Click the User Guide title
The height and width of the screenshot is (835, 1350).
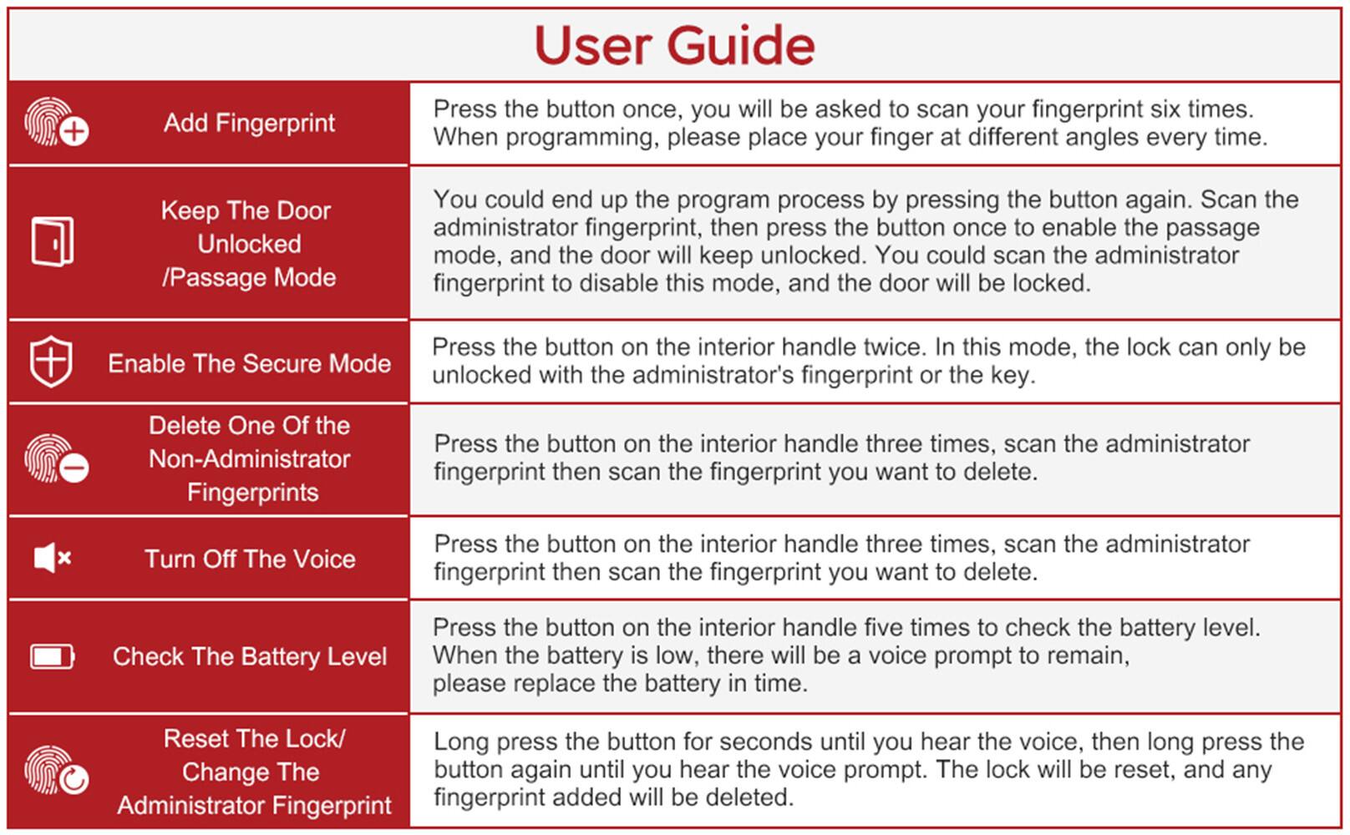pos(674,45)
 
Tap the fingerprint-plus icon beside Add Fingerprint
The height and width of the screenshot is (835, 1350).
pos(56,123)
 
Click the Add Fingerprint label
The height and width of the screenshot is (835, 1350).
pos(249,123)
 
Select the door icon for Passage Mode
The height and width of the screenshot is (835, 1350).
pos(53,242)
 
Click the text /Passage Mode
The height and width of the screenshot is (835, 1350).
pos(249,277)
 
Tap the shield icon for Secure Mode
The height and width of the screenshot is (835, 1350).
pos(51,362)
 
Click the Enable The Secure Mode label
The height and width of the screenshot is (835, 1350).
pos(249,363)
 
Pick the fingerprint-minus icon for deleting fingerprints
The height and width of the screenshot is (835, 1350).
pos(56,458)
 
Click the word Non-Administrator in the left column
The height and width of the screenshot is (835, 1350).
pos(249,458)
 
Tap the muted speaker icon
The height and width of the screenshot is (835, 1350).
pos(52,558)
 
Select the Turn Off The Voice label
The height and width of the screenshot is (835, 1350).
pos(249,559)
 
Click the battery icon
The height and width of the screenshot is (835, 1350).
pos(52,656)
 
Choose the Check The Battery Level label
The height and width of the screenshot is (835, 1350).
pos(249,656)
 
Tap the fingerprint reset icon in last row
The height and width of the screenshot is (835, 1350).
pos(56,770)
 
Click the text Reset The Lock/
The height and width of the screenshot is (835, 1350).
pos(254,739)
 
